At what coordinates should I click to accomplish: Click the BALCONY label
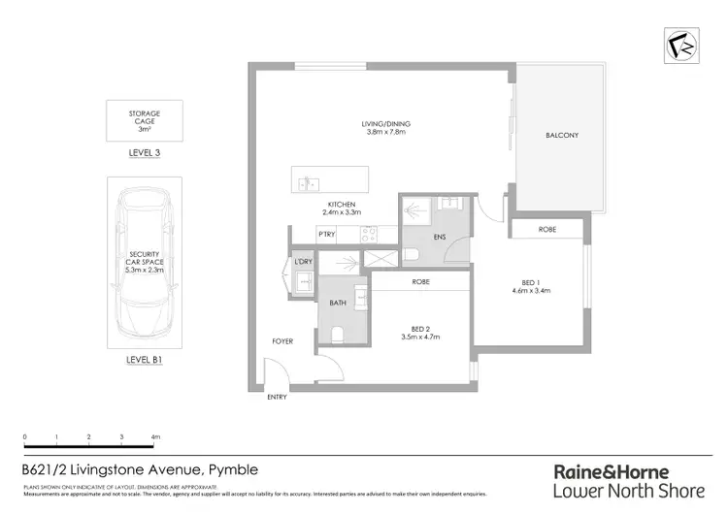[x=561, y=135]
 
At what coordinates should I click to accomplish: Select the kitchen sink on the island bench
[x=309, y=181]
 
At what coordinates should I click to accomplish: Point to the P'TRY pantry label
[x=326, y=236]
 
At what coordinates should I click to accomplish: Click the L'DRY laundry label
[x=303, y=263]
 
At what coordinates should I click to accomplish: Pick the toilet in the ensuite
[x=411, y=254]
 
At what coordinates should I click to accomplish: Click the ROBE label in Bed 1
[x=547, y=230]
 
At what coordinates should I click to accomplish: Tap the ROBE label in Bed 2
[x=420, y=282]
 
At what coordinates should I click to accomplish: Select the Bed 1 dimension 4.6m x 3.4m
[x=532, y=289]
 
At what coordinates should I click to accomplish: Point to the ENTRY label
[x=279, y=398]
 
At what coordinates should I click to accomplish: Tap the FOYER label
[x=282, y=341]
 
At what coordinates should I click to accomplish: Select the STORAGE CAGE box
[x=144, y=120]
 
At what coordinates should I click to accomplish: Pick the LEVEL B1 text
[x=144, y=359]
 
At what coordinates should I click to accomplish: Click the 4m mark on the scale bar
[x=155, y=438]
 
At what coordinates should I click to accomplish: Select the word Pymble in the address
[x=234, y=470]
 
